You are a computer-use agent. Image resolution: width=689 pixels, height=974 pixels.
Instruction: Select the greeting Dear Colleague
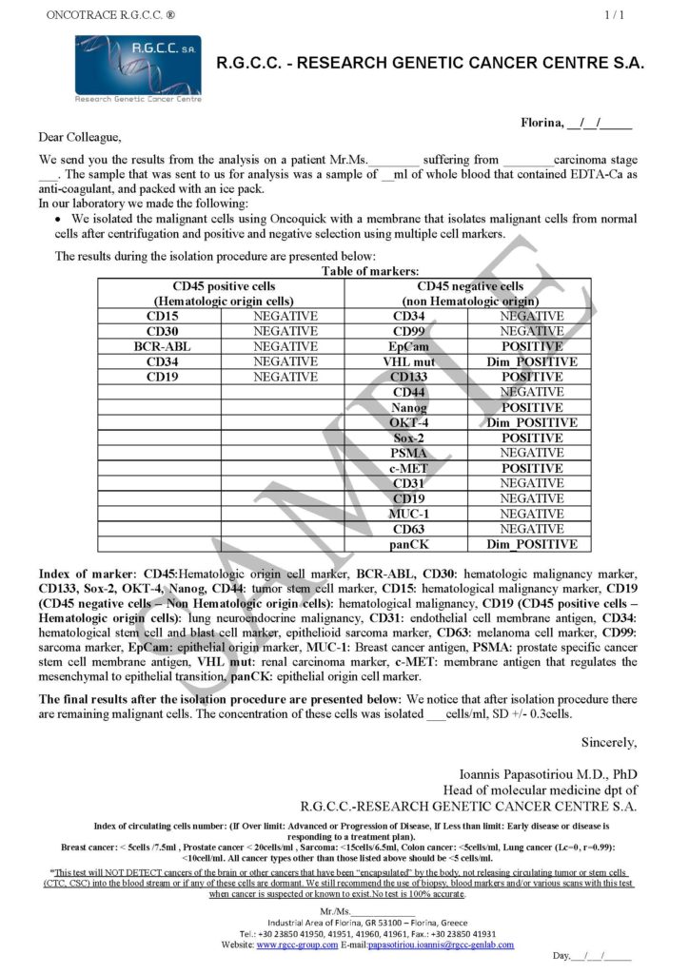point(81,137)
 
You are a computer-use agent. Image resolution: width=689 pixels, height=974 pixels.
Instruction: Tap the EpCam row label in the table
point(405,346)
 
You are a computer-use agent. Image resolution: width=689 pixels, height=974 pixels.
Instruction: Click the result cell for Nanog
point(531,407)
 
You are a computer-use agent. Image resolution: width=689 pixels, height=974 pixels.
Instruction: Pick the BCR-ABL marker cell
point(162,346)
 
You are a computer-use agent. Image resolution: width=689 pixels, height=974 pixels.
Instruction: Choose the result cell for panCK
point(531,544)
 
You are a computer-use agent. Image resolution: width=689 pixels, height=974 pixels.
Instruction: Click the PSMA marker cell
point(405,453)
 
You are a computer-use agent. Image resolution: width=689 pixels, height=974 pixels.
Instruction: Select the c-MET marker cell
point(405,468)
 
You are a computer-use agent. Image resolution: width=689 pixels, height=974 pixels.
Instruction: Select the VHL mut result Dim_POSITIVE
point(531,361)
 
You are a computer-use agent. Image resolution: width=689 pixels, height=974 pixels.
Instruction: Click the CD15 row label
point(162,316)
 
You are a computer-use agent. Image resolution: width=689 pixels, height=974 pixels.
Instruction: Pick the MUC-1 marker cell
point(405,514)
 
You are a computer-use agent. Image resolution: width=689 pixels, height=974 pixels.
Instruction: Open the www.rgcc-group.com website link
point(297,945)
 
